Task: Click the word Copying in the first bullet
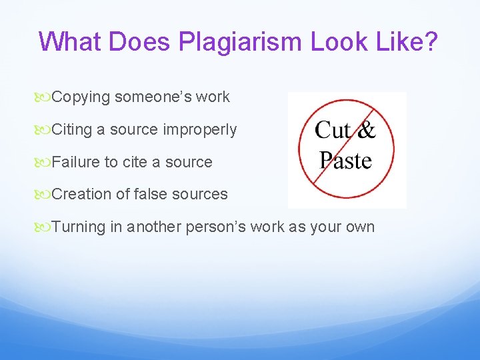click(81, 97)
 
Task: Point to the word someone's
click(147, 97)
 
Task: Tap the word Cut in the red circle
click(333, 129)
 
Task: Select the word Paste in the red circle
click(345, 160)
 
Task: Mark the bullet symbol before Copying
click(45, 97)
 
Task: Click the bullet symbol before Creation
click(45, 195)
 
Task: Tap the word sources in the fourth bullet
click(201, 194)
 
